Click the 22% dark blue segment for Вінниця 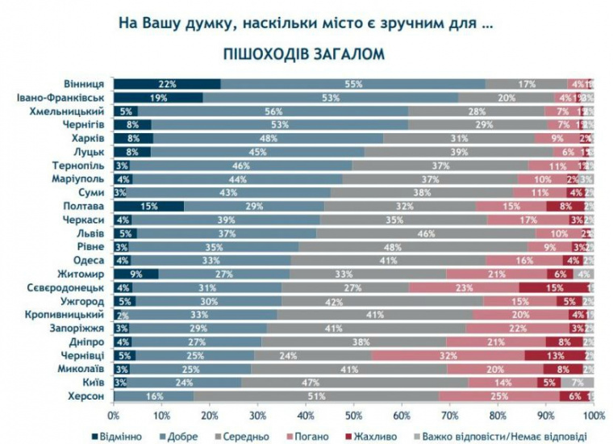pyautogui.click(x=167, y=83)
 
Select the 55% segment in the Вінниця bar pyautogui.click(x=352, y=83)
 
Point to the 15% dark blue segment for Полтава pyautogui.click(x=149, y=206)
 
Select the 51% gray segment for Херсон pyautogui.click(x=315, y=396)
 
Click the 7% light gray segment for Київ pyautogui.click(x=577, y=383)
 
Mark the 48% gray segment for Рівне pyautogui.click(x=412, y=246)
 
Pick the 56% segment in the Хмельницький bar pyautogui.click(x=273, y=111)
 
